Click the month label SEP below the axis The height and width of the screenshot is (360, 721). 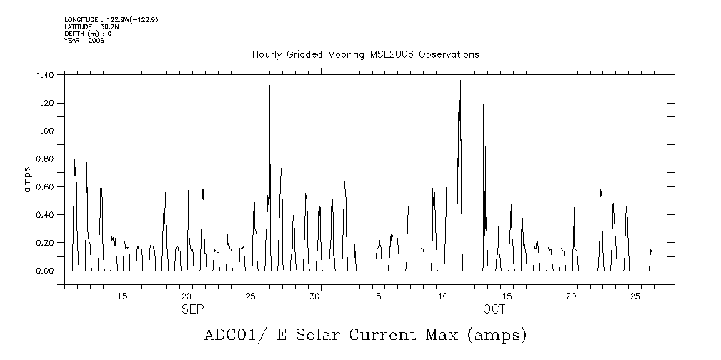coord(192,309)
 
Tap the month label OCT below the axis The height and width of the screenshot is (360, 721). coord(494,309)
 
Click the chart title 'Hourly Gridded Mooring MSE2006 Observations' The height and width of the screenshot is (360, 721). coord(366,55)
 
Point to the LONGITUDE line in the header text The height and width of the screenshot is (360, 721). coord(111,19)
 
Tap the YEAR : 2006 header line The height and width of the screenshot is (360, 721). coord(84,41)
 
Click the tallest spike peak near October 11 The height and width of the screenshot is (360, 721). coord(460,81)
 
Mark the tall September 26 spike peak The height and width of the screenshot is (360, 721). coord(269,86)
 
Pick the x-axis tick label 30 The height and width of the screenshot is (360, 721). coord(314,296)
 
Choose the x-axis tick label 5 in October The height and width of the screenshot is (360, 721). coord(379,296)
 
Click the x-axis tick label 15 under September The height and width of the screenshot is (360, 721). coord(122,296)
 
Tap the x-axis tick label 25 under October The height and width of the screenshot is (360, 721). coord(635,296)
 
